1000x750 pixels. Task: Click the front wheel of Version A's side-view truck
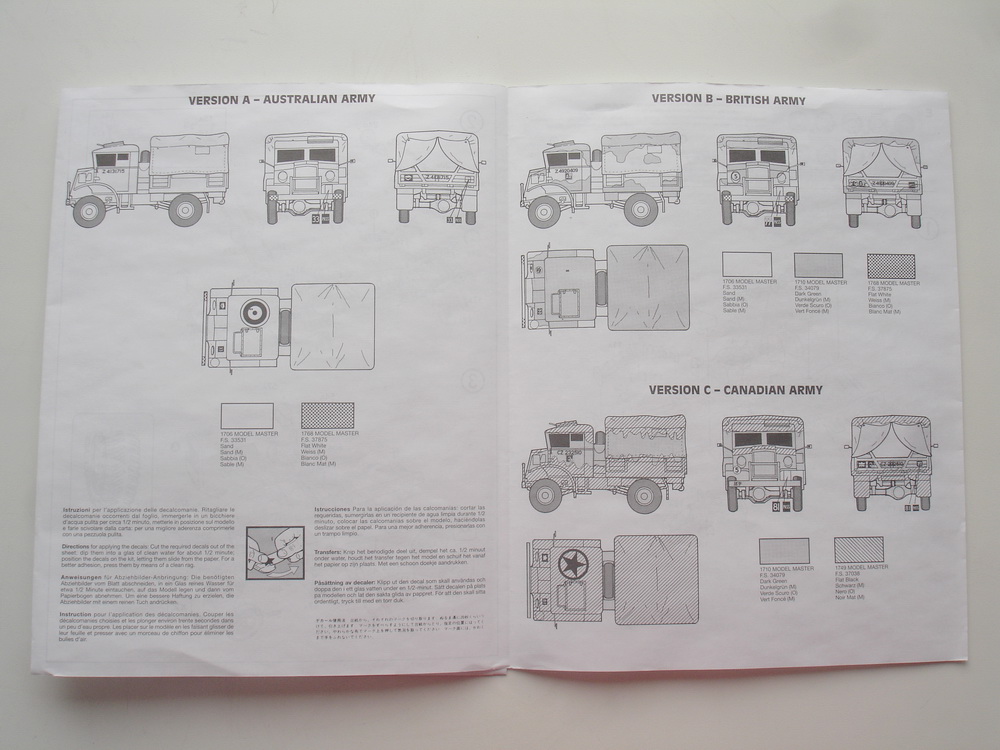pyautogui.click(x=90, y=209)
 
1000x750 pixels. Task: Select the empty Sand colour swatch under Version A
pyautogui.click(x=246, y=415)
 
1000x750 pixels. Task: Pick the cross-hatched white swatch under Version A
pyautogui.click(x=327, y=415)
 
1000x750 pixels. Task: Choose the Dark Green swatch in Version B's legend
pyautogui.click(x=819, y=265)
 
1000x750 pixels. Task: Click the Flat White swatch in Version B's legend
pyautogui.click(x=891, y=265)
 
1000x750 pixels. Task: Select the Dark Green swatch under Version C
pyautogui.click(x=784, y=551)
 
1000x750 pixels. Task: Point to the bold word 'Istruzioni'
pyautogui.click(x=79, y=510)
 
